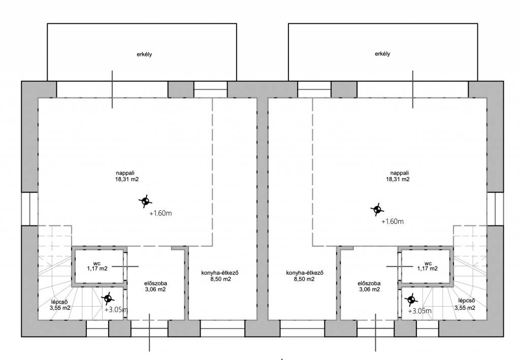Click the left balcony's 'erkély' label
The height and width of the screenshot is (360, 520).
(144, 54)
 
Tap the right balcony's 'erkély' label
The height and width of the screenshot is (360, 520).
(382, 54)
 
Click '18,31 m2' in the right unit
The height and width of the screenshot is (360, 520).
(398, 179)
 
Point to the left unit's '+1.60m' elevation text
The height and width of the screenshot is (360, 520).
(160, 213)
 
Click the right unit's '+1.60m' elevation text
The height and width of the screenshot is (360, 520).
(393, 221)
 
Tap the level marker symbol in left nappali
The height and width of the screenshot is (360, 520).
(145, 201)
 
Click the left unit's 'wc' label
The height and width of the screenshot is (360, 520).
(97, 264)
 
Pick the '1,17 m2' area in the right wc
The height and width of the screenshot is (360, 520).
(428, 269)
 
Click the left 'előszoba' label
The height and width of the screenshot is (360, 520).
(155, 283)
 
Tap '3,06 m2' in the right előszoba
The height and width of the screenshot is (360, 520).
(370, 289)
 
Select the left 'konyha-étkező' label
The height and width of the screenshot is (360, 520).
(220, 273)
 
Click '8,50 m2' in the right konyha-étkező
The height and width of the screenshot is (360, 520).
(305, 279)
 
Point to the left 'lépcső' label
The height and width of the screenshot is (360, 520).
(60, 302)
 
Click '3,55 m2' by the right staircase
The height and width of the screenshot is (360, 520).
(465, 308)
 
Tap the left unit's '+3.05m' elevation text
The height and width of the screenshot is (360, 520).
(116, 310)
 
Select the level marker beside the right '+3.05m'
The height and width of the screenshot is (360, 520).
(411, 300)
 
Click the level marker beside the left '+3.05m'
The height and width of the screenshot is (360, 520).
(108, 299)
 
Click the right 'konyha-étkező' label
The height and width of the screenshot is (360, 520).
(305, 273)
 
